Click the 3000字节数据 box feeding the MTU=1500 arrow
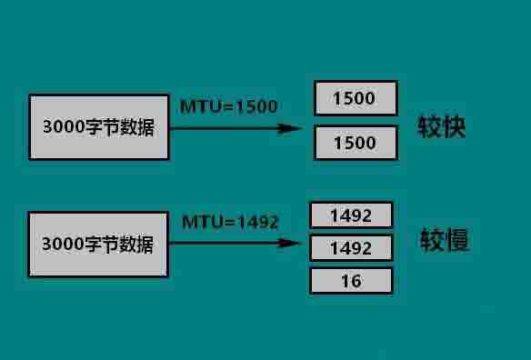98,126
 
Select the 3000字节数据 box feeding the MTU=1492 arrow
98,244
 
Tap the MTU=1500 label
229,106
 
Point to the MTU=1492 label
230,222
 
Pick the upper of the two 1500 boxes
356,98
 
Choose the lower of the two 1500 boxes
356,143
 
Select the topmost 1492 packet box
351,215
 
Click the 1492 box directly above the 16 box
351,248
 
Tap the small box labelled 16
351,281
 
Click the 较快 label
442,126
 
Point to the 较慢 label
445,242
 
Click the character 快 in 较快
455,126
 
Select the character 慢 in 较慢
457,242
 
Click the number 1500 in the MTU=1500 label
255,106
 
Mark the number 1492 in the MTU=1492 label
256,222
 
